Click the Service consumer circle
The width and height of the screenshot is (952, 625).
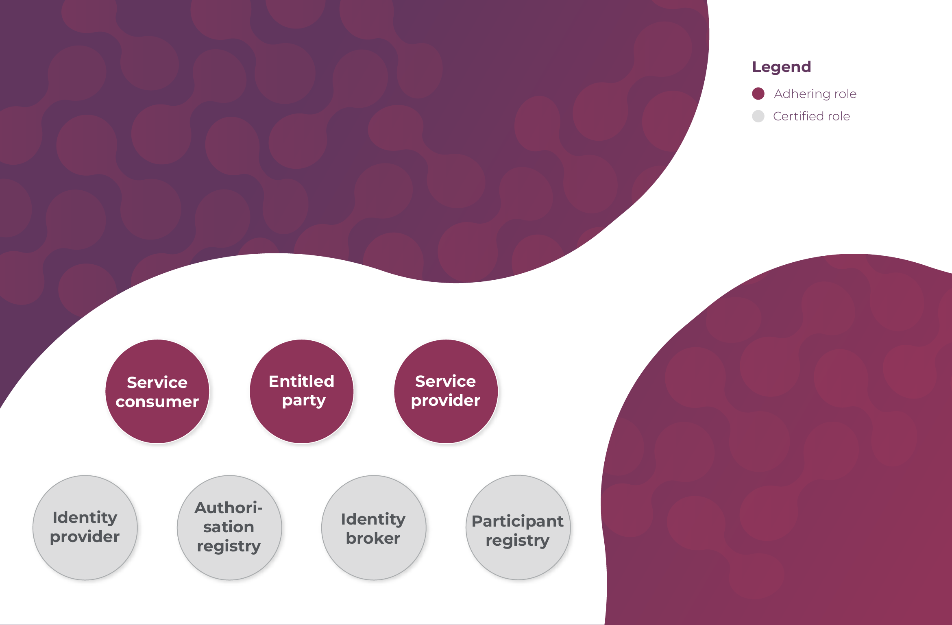click(x=157, y=391)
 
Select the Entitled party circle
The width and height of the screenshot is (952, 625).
click(x=302, y=391)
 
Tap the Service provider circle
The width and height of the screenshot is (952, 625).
click(x=446, y=391)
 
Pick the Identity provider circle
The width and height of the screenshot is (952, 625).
click(x=85, y=527)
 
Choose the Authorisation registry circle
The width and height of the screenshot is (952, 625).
click(x=229, y=527)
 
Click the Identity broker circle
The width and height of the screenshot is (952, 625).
click(x=374, y=527)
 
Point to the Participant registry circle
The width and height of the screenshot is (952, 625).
click(x=518, y=527)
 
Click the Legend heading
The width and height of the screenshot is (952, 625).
click(x=782, y=67)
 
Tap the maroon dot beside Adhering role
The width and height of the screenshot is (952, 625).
click(x=758, y=94)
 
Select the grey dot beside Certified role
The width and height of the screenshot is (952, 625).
click(x=758, y=116)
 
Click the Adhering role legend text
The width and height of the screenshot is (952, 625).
click(x=815, y=94)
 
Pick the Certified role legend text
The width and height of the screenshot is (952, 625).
click(x=811, y=116)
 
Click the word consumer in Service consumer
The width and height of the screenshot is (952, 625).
click(x=157, y=402)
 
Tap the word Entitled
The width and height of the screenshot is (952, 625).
click(x=302, y=381)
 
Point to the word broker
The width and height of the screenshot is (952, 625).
click(x=373, y=538)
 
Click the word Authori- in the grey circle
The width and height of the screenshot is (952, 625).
click(x=229, y=508)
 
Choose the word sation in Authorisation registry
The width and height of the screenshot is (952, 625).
click(x=229, y=527)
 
